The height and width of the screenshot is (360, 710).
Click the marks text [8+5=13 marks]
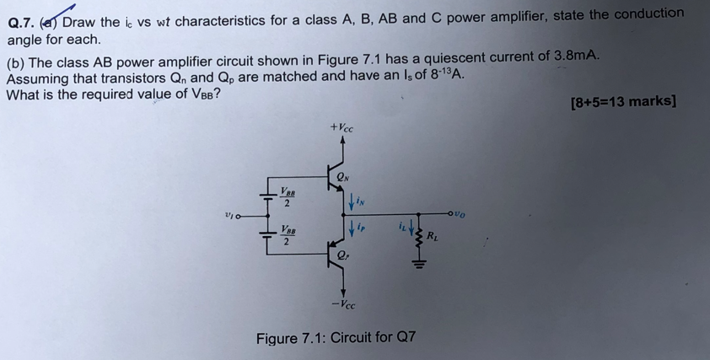pyautogui.click(x=622, y=101)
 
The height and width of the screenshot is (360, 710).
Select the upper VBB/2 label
pyautogui.click(x=287, y=196)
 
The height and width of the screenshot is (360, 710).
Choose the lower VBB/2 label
pyautogui.click(x=288, y=235)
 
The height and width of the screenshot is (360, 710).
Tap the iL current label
pyautogui.click(x=401, y=225)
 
